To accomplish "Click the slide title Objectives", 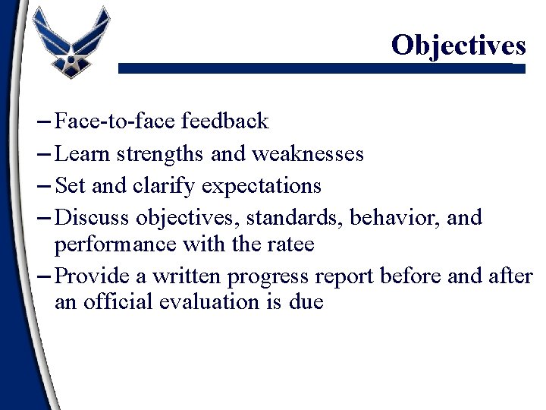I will [x=458, y=46].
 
